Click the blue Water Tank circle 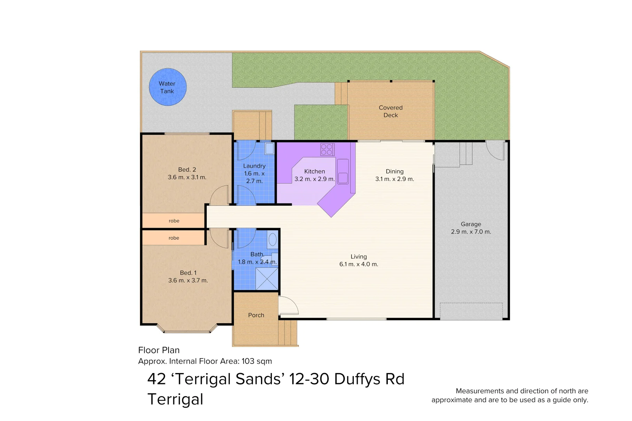(x=168, y=87)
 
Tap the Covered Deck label (x=391, y=111)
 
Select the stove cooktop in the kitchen (x=327, y=149)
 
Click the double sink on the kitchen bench (x=343, y=172)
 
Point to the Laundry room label (x=254, y=166)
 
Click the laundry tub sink (x=270, y=148)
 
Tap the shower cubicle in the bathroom (x=267, y=279)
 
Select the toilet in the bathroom (x=272, y=239)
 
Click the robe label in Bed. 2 (x=174, y=221)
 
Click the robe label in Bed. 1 (x=174, y=238)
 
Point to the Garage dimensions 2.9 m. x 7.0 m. (x=471, y=232)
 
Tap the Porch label (x=256, y=315)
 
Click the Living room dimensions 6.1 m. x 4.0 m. (x=359, y=264)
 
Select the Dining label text (x=394, y=172)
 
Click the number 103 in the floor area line (x=248, y=361)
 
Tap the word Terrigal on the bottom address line (x=175, y=399)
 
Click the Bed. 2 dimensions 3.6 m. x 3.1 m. (x=187, y=177)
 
